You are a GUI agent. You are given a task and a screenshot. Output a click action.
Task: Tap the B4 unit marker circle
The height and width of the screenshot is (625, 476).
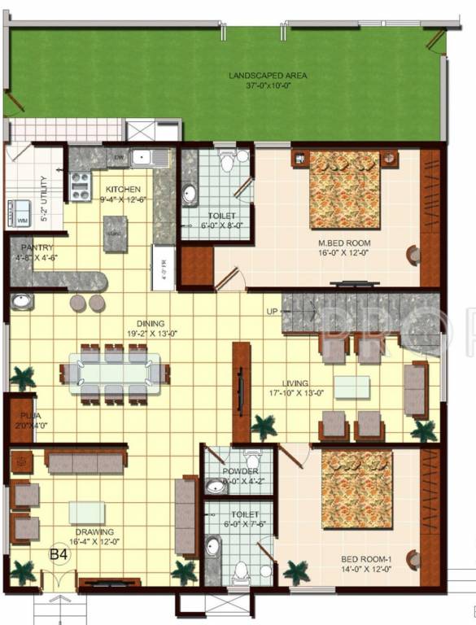pyautogui.click(x=59, y=553)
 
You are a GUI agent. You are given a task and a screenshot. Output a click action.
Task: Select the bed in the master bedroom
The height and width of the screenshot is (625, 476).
pyautogui.click(x=345, y=189)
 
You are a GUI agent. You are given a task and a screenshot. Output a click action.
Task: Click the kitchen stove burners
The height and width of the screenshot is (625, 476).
pyautogui.click(x=81, y=188)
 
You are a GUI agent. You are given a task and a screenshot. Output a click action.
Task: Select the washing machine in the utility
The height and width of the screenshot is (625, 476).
pyautogui.click(x=22, y=214)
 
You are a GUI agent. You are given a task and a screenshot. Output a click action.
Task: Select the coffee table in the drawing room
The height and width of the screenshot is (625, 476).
pyautogui.click(x=86, y=512)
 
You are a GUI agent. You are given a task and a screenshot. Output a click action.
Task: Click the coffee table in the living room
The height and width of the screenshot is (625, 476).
pyautogui.click(x=352, y=387)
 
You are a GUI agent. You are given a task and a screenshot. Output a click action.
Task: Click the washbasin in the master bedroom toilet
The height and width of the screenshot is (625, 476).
pyautogui.click(x=190, y=194)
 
